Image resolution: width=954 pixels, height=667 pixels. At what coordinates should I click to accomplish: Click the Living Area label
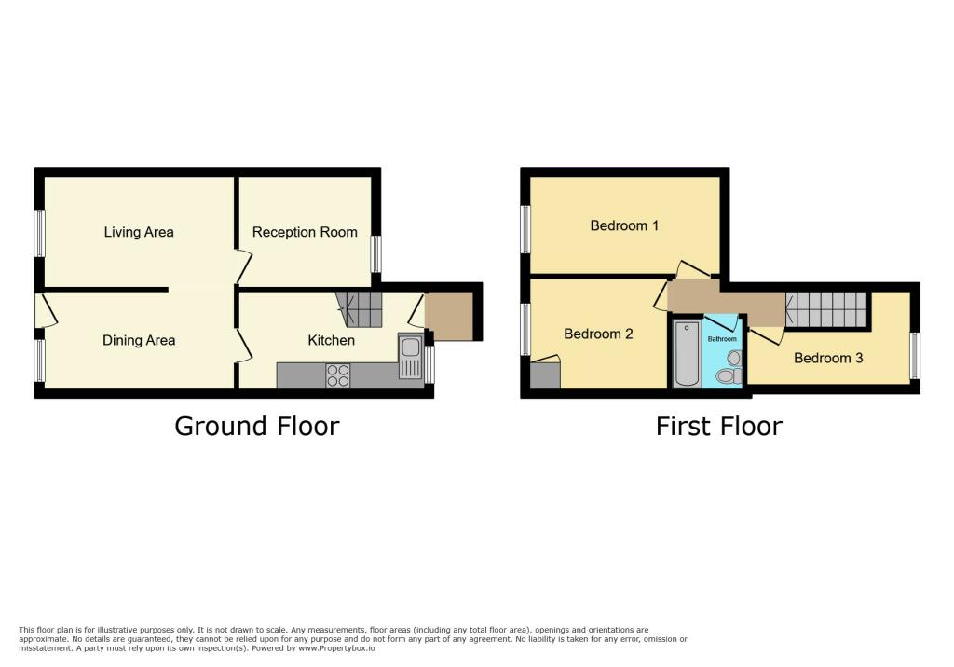click(x=139, y=232)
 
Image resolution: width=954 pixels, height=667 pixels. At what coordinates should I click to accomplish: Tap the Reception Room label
click(x=305, y=232)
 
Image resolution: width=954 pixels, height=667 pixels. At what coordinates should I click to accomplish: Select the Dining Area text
click(x=139, y=340)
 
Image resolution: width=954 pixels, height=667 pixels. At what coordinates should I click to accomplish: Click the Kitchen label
click(x=331, y=340)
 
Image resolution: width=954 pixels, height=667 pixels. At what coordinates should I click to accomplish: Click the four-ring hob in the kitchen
click(x=338, y=374)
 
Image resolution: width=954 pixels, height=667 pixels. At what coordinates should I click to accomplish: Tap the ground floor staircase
click(x=361, y=307)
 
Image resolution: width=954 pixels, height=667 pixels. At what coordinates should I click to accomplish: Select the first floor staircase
click(x=826, y=307)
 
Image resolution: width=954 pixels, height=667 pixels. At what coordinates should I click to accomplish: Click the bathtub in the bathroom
click(x=687, y=353)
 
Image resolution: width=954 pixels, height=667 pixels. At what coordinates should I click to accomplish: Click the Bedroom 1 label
click(x=624, y=225)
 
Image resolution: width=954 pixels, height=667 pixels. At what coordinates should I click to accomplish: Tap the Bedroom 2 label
click(x=598, y=333)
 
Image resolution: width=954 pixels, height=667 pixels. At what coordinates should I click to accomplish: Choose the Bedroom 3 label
click(x=828, y=358)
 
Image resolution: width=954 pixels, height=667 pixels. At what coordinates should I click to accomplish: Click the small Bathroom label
click(x=721, y=339)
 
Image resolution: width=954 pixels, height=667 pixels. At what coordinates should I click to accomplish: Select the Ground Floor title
click(x=256, y=426)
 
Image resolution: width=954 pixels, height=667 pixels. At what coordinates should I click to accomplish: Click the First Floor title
click(x=718, y=426)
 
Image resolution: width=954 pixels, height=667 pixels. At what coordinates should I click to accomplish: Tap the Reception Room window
click(x=375, y=253)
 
